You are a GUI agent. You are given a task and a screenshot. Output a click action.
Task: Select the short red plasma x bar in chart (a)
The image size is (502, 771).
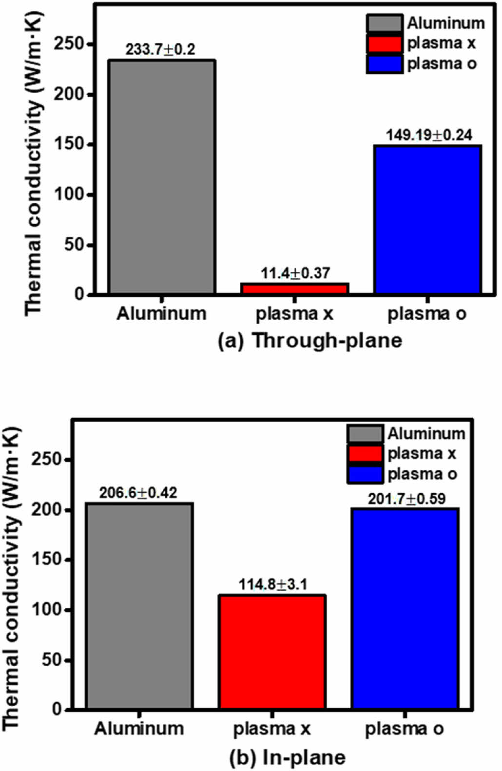click(x=294, y=289)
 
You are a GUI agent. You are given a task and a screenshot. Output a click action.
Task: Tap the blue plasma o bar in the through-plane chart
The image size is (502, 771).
click(x=427, y=219)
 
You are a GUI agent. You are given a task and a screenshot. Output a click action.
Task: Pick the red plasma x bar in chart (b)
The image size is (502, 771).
click(x=272, y=652)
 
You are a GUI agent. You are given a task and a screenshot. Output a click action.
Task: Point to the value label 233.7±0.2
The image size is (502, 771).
click(x=160, y=50)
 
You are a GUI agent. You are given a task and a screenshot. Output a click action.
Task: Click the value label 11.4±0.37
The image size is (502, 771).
click(x=294, y=273)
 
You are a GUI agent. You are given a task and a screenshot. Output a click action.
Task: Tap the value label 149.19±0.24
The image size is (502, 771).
click(x=429, y=135)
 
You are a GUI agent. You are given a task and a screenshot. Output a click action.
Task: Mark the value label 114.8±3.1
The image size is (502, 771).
click(x=273, y=584)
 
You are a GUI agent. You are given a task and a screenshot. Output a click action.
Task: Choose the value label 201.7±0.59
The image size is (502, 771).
click(x=406, y=499)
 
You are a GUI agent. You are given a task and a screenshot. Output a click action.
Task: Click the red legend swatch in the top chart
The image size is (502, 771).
click(x=385, y=44)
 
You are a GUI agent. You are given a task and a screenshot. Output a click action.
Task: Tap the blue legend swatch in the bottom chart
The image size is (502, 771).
click(x=365, y=474)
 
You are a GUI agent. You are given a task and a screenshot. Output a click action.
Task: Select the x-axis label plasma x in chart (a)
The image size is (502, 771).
click(x=294, y=313)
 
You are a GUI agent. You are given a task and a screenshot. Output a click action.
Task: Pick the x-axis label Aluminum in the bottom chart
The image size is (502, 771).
click(x=139, y=729)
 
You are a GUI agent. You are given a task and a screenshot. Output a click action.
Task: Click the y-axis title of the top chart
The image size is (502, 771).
click(x=34, y=163)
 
